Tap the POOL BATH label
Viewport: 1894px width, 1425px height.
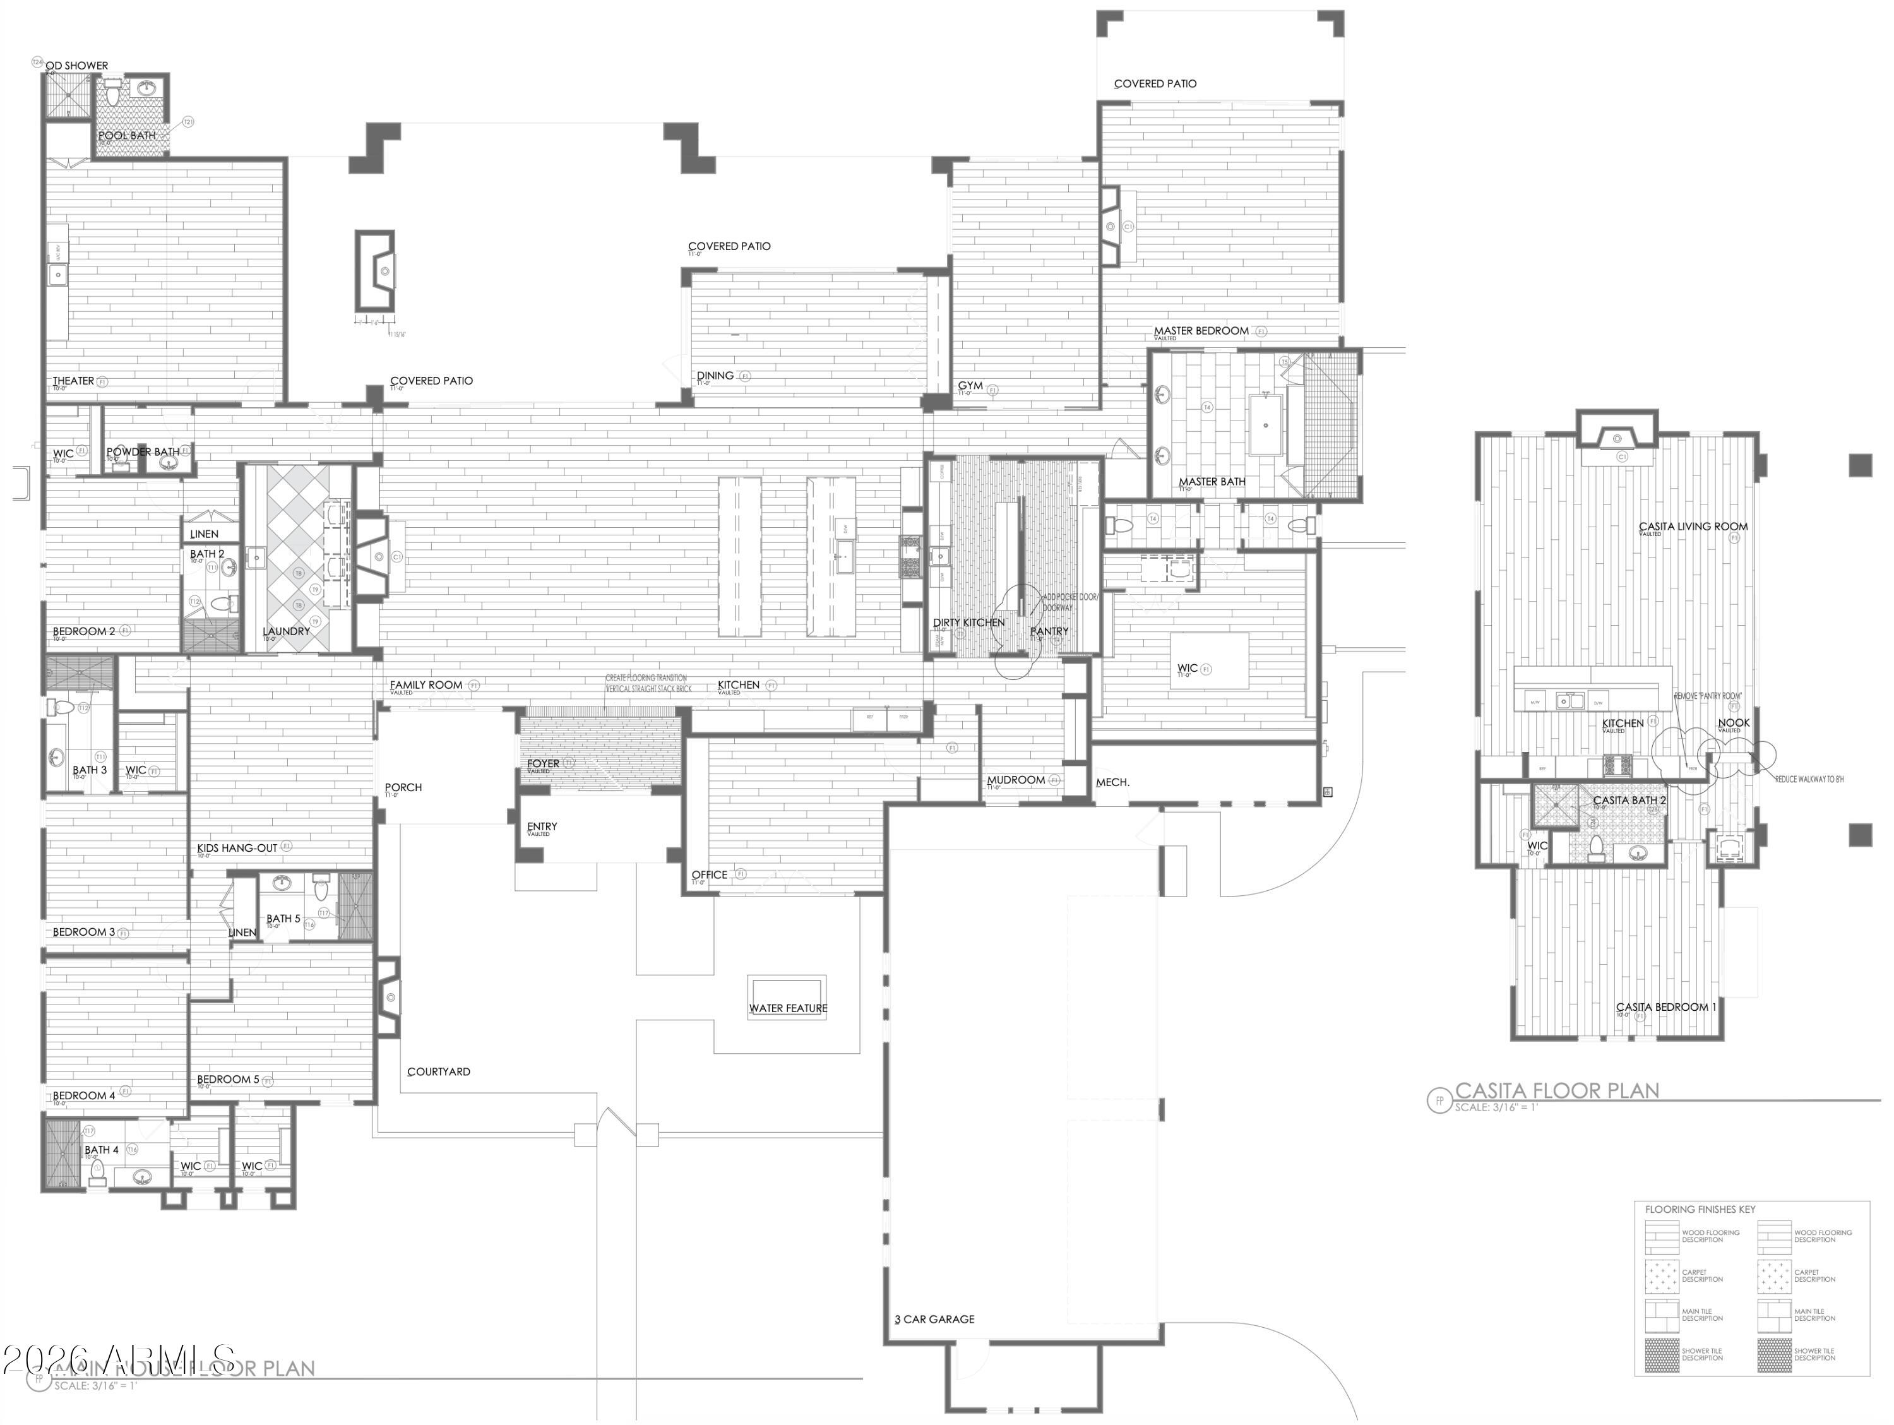[127, 135]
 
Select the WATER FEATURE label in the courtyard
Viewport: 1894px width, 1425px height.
[788, 1008]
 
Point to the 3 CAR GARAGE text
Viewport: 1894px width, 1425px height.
[934, 1320]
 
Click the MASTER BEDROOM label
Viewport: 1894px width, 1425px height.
[1200, 331]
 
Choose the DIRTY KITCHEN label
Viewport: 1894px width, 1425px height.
[968, 623]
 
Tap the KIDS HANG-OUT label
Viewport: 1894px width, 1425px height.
[237, 848]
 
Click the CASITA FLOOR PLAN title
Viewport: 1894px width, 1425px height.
[1557, 1090]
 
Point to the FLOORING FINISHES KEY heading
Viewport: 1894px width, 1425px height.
[1700, 1209]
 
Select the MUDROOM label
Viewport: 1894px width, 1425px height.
[1015, 780]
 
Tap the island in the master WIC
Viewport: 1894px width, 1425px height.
[1209, 660]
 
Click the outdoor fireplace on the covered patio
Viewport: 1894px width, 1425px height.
[375, 271]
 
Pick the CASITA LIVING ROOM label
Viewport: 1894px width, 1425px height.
[1693, 527]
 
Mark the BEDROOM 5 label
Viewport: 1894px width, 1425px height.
[228, 1079]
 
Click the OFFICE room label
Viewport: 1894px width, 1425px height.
[709, 874]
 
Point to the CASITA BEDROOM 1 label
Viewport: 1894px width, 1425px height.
[1665, 1007]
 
